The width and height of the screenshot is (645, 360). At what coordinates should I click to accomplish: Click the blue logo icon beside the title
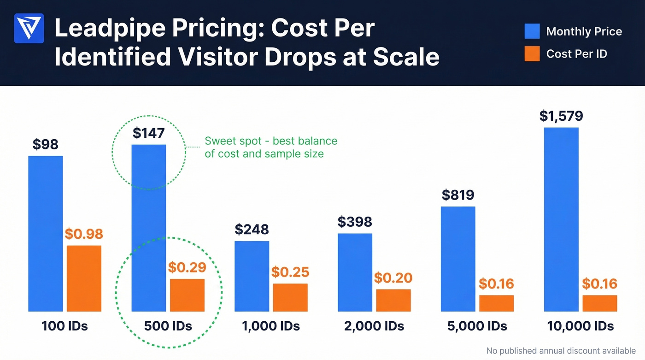(29, 29)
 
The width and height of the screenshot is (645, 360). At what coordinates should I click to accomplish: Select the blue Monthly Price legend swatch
(532, 31)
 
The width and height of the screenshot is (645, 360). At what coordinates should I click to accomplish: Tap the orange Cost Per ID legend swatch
(532, 54)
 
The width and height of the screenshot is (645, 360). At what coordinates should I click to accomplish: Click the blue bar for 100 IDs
(46, 234)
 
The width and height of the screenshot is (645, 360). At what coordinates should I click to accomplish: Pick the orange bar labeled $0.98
(84, 278)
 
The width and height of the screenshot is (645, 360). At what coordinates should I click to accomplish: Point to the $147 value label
(148, 133)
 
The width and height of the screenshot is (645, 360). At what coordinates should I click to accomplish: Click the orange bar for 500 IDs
(187, 295)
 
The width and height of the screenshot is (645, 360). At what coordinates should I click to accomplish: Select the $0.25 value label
(290, 272)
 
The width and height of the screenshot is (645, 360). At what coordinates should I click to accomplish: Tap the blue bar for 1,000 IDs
(252, 276)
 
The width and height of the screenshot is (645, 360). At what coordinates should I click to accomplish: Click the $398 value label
(355, 222)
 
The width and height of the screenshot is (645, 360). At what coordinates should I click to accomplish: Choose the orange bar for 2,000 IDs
(393, 300)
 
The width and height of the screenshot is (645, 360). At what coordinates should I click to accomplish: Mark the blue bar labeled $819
(458, 259)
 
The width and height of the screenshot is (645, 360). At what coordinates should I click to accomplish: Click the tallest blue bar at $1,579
(561, 219)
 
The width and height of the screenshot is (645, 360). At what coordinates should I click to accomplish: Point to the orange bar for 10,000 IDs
(599, 303)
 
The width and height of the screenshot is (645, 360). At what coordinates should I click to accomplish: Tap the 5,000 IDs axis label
(477, 326)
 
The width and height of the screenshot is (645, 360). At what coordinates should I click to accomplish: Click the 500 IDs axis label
(168, 326)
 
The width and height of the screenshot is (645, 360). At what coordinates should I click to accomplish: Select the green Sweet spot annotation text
(270, 147)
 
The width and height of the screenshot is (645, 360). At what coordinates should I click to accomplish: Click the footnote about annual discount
(561, 351)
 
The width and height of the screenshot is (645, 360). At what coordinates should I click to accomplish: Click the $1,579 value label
(561, 115)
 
